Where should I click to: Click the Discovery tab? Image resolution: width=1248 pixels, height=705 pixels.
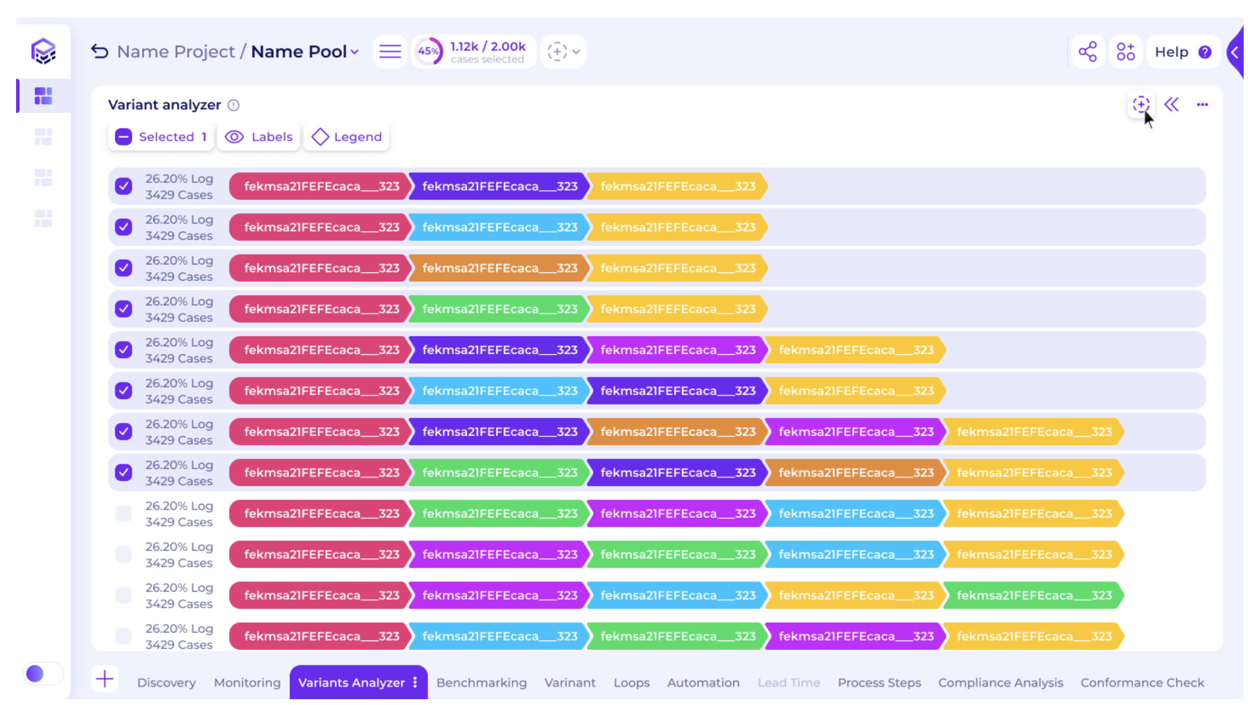pos(166,682)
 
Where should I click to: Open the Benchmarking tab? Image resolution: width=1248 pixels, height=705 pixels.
pos(481,682)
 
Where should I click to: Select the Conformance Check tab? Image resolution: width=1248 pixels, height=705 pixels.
pos(1142,682)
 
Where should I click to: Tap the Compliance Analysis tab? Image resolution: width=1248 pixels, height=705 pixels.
pos(1001,682)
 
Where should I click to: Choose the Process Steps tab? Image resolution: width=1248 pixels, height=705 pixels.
pos(879,682)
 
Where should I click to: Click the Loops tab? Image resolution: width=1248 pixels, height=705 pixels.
pos(631,682)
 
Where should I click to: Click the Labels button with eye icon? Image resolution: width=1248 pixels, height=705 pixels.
pos(259,137)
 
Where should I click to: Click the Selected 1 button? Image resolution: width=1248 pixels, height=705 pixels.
pos(161,137)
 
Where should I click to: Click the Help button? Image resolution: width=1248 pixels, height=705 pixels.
pos(1183,52)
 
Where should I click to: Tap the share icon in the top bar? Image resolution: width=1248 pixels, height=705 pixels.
pos(1088,52)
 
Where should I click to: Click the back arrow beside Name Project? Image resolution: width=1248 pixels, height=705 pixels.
pos(100,51)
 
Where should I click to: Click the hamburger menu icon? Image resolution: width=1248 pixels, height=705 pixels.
pos(390,51)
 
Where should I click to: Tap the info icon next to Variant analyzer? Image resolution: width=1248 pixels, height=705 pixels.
pos(234,105)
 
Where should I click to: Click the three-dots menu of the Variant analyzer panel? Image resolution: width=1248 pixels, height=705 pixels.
pos(1202,105)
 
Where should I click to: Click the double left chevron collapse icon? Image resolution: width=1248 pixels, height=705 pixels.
pos(1171,105)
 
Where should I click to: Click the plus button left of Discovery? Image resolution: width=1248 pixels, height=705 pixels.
pos(105,679)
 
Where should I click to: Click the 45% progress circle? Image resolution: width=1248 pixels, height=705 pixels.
pos(428,51)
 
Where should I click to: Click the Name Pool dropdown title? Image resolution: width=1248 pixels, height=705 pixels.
pos(305,51)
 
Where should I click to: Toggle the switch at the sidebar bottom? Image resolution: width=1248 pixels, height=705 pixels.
pos(43,674)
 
